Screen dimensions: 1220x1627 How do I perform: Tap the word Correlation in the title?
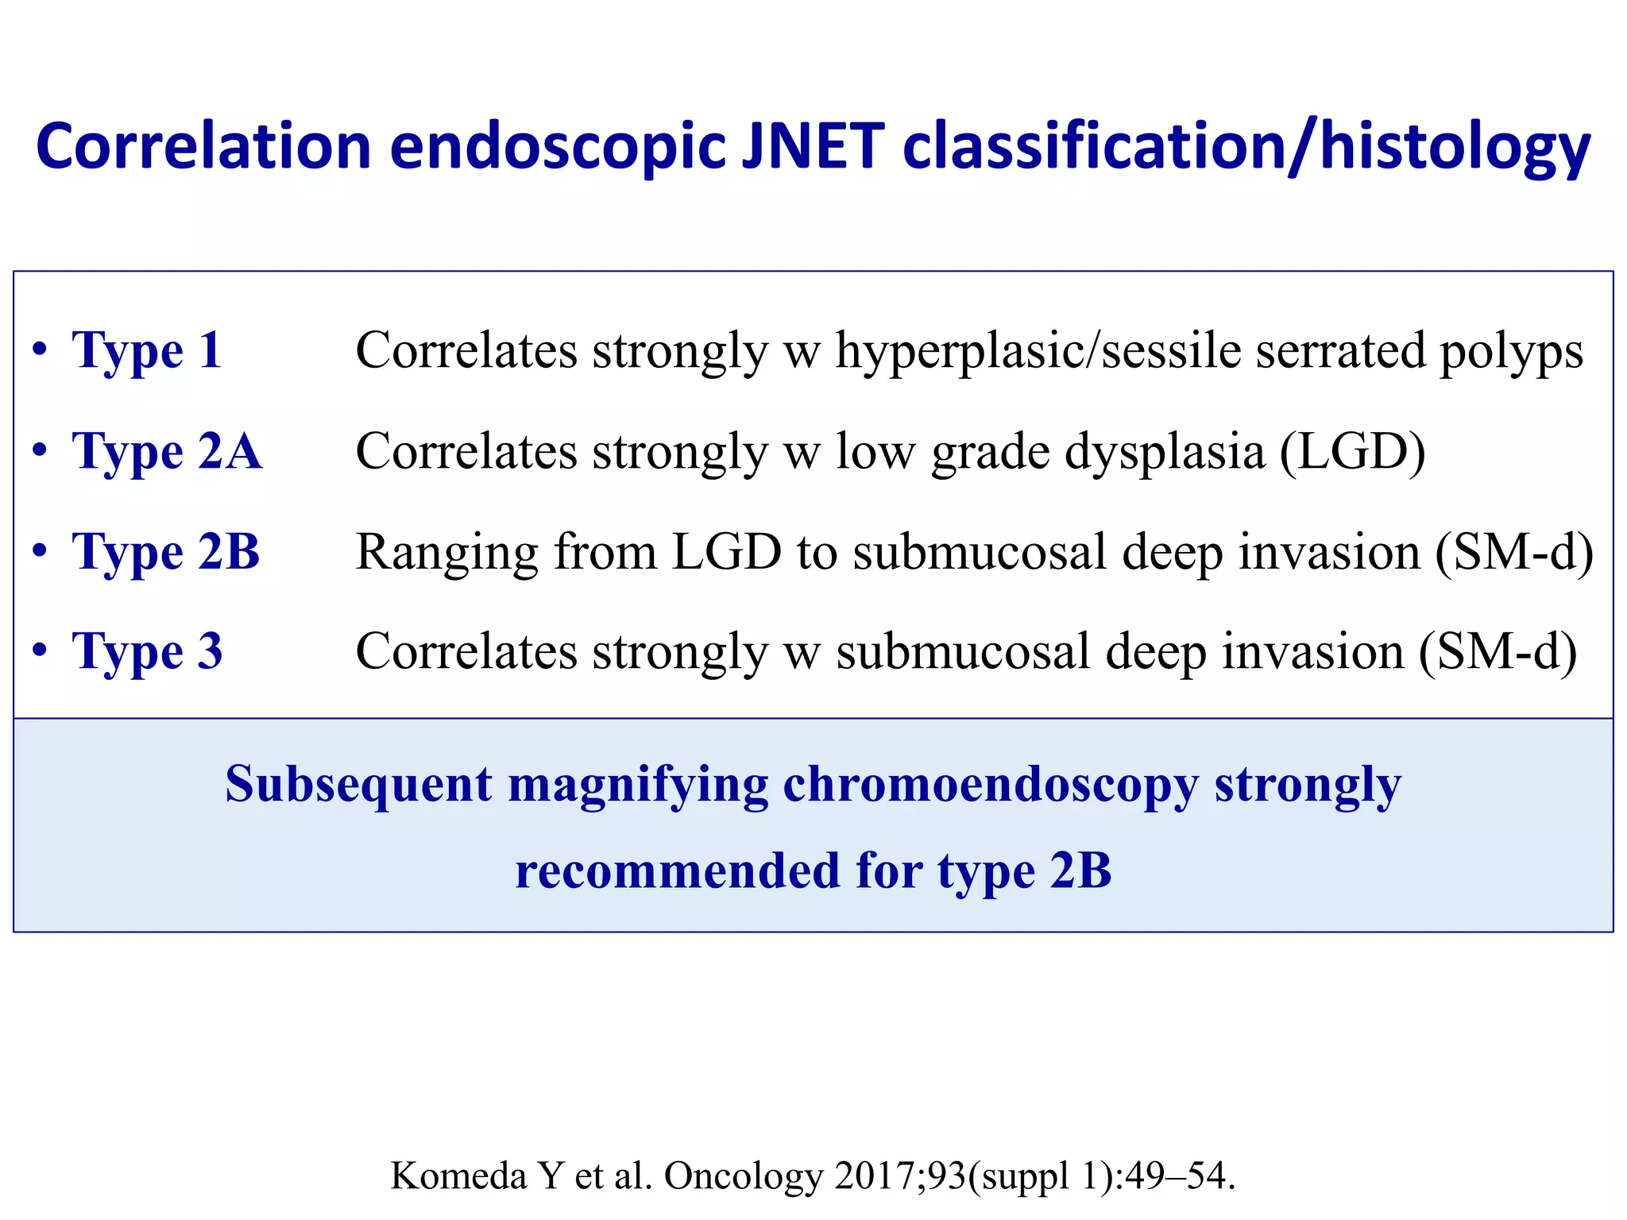[203, 147]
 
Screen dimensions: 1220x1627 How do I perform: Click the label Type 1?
[147, 350]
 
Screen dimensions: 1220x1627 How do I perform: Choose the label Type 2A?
[167, 451]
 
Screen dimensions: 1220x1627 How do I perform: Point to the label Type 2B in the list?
[166, 551]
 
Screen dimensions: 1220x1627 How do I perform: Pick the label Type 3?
[147, 651]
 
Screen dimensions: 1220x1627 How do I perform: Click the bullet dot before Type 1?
[40, 350]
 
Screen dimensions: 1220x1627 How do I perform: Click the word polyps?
[1511, 352]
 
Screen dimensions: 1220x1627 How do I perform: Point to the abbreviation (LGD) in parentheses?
[1351, 451]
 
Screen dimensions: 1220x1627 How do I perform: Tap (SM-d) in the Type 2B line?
[1513, 551]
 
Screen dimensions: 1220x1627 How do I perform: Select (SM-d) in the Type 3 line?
[1498, 651]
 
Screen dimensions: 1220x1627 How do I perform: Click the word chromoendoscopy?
[990, 785]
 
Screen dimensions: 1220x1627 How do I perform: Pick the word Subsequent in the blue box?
[358, 785]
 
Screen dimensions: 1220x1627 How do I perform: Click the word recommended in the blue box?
[677, 871]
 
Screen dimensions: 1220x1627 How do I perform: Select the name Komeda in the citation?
[458, 1176]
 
